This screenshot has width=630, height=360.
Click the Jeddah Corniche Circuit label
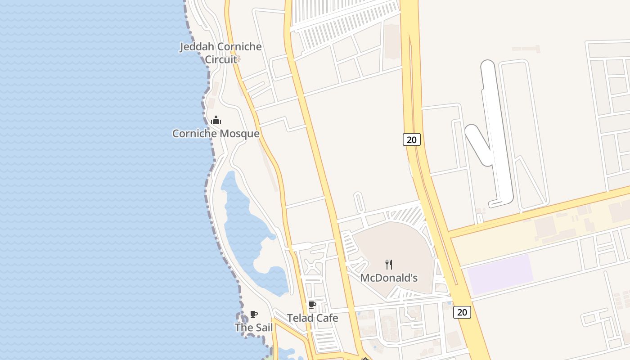220,53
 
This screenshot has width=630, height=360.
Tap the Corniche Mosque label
216,134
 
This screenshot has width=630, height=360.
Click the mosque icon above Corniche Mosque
216,120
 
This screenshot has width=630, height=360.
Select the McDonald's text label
389,278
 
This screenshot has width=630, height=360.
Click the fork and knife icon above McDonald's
389,265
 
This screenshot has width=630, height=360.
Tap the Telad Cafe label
313,318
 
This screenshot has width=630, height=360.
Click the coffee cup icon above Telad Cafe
312,305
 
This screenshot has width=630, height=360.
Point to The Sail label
254,328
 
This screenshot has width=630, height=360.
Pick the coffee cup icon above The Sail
254,314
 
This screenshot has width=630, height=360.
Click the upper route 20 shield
411,139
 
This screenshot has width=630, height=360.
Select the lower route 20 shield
462,312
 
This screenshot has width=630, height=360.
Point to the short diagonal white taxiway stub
478,144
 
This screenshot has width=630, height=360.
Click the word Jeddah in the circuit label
197,47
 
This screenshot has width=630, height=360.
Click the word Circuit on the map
221,59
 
